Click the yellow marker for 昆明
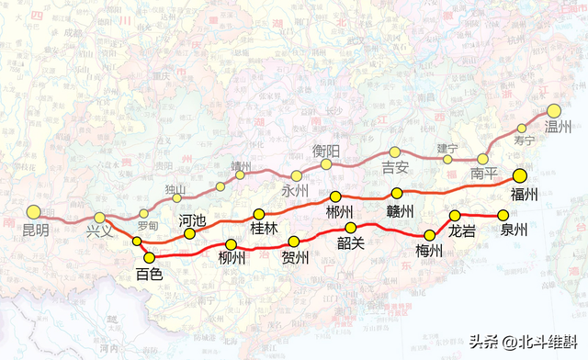(x=35, y=212)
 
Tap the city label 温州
(x=558, y=127)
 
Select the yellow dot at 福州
(x=520, y=175)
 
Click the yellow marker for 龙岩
(x=455, y=216)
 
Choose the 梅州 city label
(x=429, y=251)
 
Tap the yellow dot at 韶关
(x=350, y=228)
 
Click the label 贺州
(x=294, y=257)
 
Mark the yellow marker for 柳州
(x=232, y=244)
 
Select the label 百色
(x=148, y=274)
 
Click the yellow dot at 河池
(x=190, y=233)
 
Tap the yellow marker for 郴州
(x=335, y=197)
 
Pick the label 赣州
(x=400, y=210)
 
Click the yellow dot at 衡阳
(x=326, y=164)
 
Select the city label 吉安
(x=395, y=168)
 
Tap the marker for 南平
(x=482, y=159)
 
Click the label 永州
(x=295, y=192)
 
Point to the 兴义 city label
(x=99, y=231)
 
